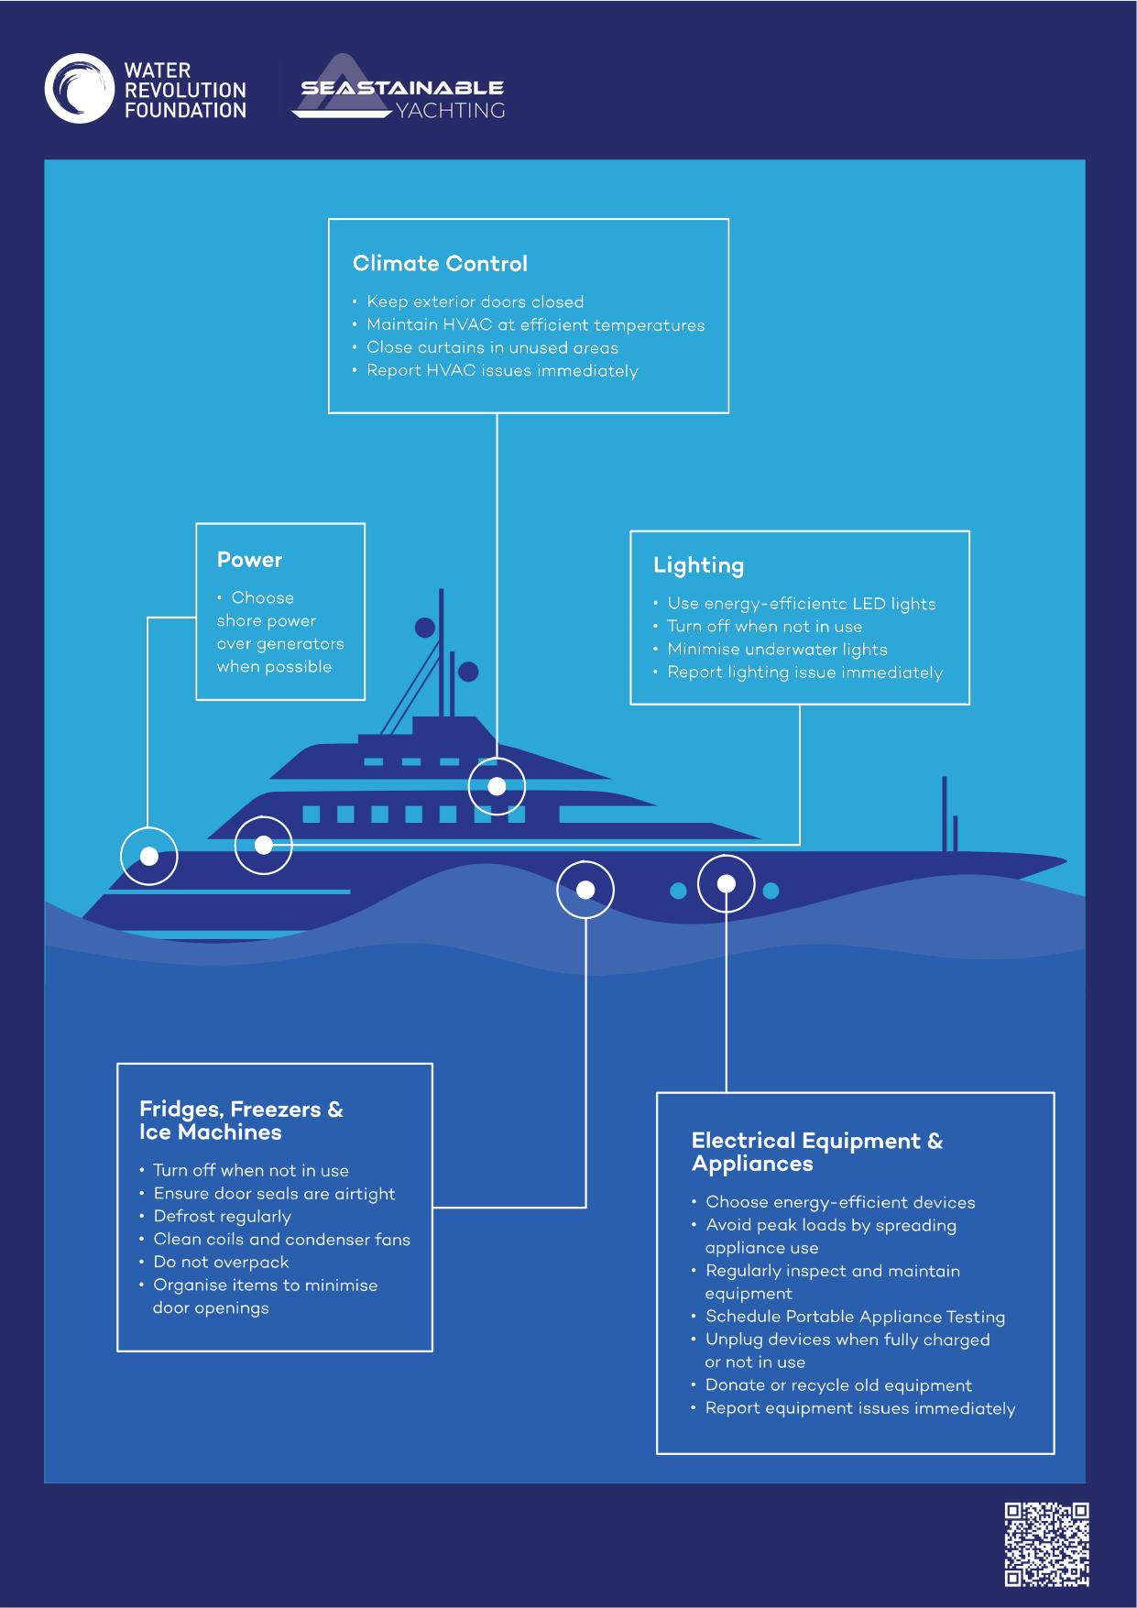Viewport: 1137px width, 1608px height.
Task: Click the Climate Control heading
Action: pos(440,264)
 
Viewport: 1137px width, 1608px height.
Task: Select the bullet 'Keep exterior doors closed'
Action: pos(475,301)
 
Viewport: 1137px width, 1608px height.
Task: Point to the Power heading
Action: pos(249,560)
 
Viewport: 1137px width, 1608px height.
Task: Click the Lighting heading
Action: pos(698,565)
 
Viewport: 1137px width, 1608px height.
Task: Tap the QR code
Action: pos(1047,1545)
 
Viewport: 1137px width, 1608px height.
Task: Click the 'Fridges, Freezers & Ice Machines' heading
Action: pos(241,1121)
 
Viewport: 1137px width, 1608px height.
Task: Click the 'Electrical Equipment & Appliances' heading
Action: pos(816,1152)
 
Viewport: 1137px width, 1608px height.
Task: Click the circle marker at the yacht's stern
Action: pos(149,856)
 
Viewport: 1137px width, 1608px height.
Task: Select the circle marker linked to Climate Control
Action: pos(497,786)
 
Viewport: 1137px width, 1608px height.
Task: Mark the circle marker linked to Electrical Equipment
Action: pos(726,884)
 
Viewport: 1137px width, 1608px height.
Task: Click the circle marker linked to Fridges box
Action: pos(585,890)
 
